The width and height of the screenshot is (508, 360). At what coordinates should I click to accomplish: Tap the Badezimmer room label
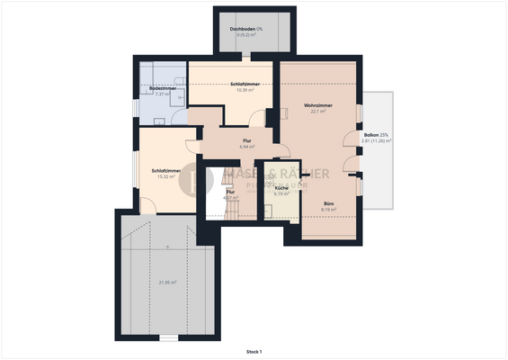tap(163, 88)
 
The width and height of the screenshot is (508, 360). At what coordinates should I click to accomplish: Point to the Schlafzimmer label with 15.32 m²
tap(166, 170)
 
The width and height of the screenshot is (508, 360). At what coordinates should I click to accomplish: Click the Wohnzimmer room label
tap(318, 105)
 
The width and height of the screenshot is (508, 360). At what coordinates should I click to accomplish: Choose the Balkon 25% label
tap(376, 134)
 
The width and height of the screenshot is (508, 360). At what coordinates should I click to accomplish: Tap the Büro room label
tap(330, 203)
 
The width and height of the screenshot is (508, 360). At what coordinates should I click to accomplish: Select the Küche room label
tap(281, 187)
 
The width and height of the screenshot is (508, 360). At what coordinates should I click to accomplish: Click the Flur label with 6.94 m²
tap(246, 140)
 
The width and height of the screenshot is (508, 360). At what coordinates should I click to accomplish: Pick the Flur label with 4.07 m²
tap(230, 191)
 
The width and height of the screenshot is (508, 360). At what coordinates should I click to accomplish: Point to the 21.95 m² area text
tap(167, 283)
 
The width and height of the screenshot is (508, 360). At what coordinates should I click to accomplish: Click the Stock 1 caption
tap(254, 351)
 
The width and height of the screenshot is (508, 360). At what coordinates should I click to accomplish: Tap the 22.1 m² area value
tap(318, 112)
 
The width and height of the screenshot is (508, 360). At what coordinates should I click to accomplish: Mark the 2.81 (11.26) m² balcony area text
tap(376, 140)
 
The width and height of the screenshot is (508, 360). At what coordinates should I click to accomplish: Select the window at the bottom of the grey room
tap(167, 338)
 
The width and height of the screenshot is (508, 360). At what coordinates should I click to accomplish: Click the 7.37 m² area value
tap(163, 94)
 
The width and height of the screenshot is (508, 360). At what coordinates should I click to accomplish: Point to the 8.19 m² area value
tap(330, 210)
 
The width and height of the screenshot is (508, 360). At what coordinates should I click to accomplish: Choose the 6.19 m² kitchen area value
tap(281, 193)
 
